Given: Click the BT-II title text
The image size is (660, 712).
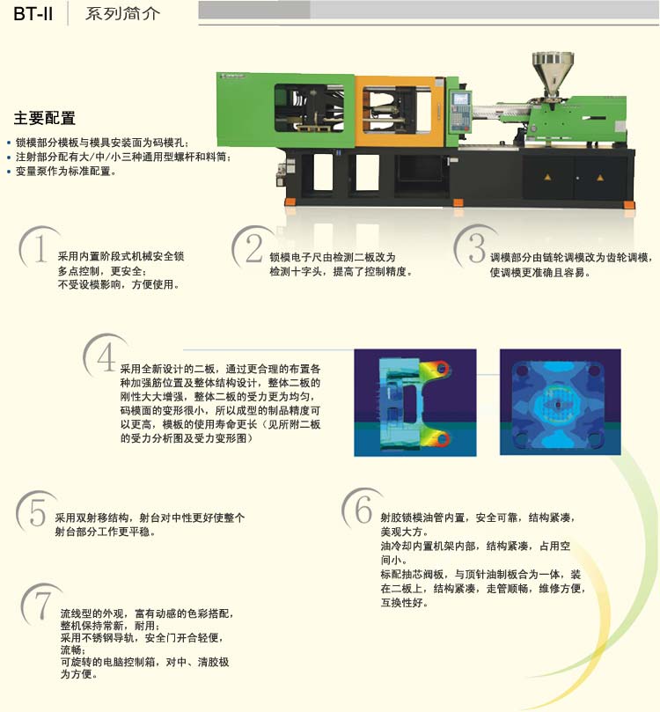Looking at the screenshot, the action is (x=33, y=13).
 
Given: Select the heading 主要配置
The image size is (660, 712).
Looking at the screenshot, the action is (x=45, y=118).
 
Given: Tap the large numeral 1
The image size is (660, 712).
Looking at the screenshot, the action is (x=40, y=248).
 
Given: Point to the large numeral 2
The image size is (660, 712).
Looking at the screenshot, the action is (x=254, y=248).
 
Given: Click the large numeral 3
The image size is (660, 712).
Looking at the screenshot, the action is (x=477, y=248).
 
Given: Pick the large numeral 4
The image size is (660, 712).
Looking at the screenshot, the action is (x=106, y=357).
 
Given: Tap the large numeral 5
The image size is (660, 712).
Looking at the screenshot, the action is (x=38, y=511).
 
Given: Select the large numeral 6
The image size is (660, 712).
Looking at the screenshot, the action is (x=363, y=510).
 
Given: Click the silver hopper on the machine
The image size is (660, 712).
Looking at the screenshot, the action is (x=553, y=74).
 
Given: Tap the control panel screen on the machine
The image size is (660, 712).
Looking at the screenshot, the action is (x=460, y=98).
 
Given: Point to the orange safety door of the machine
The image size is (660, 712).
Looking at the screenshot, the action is (x=400, y=111).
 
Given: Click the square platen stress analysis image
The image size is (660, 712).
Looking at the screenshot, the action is (x=561, y=402).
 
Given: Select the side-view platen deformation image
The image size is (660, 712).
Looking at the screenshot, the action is (x=415, y=402).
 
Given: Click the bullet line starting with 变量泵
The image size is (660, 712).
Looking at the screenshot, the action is (x=65, y=172).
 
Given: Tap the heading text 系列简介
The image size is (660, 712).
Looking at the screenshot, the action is (x=122, y=13).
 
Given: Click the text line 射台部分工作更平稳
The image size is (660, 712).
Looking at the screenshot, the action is (x=105, y=532).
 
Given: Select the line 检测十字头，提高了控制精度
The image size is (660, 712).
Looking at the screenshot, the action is (x=341, y=272).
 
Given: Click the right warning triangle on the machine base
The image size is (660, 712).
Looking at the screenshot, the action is (x=600, y=178).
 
